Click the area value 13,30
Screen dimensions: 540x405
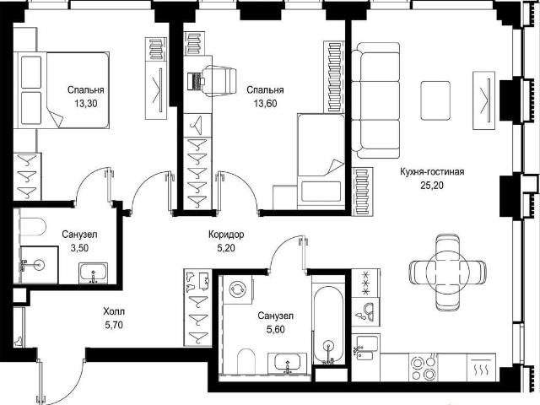tap(85, 103)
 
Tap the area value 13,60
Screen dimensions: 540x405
tap(265, 103)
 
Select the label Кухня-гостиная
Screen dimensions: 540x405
tap(432, 171)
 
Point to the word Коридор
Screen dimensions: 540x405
tap(226, 235)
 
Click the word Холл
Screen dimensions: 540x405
tap(114, 311)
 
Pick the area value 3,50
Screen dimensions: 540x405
tap(79, 248)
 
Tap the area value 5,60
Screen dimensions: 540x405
tap(276, 330)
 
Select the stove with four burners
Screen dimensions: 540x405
tap(424, 368)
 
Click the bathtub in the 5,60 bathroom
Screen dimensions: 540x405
tap(328, 325)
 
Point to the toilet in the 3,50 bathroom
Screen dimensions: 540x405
tap(32, 226)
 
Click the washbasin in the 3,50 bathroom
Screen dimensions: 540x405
tap(94, 273)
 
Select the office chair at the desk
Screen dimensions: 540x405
tap(219, 81)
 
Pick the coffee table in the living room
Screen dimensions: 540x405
tap(435, 100)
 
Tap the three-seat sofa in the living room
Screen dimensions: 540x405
tap(375, 100)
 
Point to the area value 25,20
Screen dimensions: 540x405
tap(432, 186)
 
